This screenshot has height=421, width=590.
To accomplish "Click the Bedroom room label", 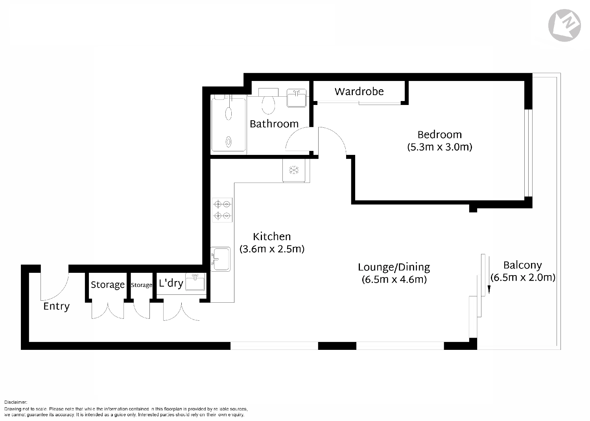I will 439,134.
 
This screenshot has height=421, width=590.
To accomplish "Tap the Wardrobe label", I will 359,92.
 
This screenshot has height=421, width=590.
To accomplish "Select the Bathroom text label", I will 274,124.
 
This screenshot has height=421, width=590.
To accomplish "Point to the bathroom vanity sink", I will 297,98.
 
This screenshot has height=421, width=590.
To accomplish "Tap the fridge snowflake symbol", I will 294,170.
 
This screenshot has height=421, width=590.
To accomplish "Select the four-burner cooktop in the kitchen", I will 222,210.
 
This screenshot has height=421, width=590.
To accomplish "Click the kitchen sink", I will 220,259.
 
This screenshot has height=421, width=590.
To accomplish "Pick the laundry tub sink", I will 195,282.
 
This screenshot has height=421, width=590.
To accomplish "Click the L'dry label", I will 171,283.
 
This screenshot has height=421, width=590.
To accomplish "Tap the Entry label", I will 56,306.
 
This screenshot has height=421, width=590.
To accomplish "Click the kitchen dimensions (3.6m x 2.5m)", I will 272,249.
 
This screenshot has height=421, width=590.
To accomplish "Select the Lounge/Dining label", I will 394,267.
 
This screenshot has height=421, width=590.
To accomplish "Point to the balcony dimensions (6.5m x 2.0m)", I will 523,278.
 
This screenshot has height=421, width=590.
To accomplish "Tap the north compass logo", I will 564,25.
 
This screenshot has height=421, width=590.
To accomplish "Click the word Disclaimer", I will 16,402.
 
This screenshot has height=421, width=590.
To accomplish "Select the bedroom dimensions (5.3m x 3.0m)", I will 439,147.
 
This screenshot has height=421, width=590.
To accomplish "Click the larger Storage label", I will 107,285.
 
